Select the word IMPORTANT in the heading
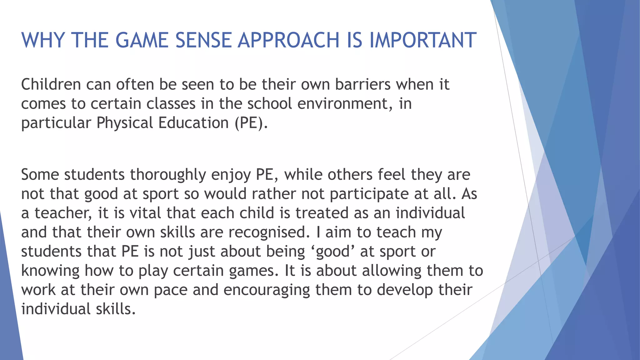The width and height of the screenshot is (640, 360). [423, 40]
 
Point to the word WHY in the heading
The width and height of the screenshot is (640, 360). [43, 40]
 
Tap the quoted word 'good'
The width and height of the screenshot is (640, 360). [333, 252]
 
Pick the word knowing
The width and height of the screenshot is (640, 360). [50, 271]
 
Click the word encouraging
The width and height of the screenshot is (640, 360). [267, 290]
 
